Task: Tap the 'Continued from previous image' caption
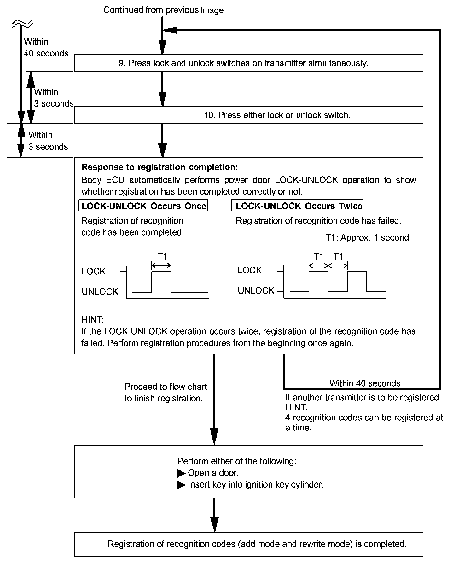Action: coord(163,10)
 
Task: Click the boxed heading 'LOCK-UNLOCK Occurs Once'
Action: coord(143,206)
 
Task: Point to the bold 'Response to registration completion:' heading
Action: coord(160,167)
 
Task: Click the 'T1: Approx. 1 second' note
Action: coord(367,238)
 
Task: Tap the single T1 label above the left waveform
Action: coord(162,257)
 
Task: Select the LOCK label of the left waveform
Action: coord(93,272)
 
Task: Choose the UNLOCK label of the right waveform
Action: coord(256,291)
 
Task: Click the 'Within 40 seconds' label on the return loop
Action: coord(365,383)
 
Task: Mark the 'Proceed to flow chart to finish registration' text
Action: coord(165,393)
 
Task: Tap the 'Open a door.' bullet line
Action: coord(213,473)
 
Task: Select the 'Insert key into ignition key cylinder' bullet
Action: coord(255,485)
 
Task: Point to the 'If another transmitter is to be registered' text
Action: coord(363,398)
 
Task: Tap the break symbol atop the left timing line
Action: coord(22,23)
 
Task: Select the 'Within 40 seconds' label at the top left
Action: coord(46,48)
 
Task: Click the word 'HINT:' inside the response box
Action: coord(92,320)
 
